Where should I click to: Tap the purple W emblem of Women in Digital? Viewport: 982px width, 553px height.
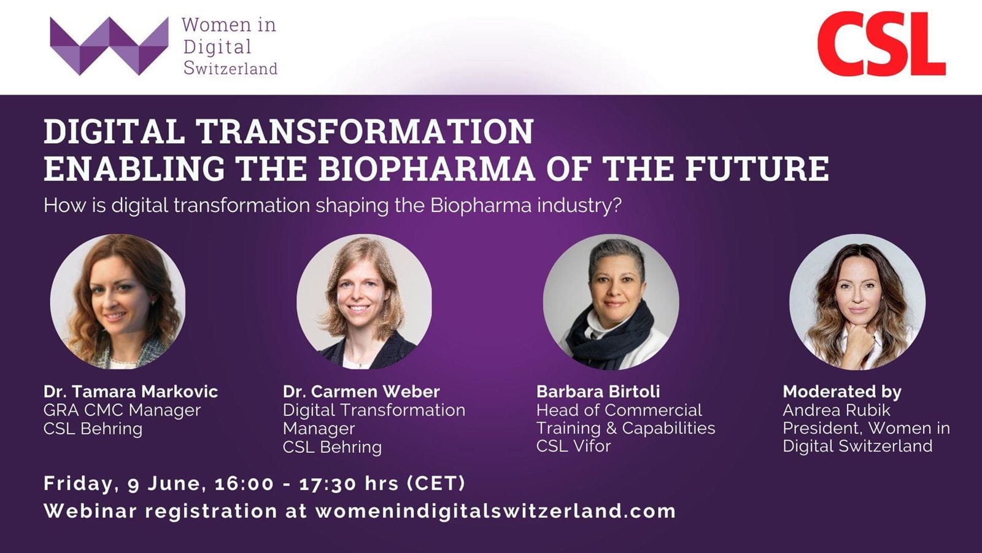click(109, 46)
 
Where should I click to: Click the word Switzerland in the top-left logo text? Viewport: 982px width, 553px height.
click(230, 68)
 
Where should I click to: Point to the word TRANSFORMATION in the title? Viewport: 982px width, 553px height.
click(365, 131)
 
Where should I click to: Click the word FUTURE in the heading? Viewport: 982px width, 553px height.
click(757, 168)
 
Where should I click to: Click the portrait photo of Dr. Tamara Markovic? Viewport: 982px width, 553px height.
click(118, 301)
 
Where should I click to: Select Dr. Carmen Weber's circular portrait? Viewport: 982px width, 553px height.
click(364, 301)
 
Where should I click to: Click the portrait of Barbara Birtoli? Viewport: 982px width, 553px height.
click(611, 301)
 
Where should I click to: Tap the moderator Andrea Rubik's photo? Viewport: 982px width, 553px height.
click(857, 301)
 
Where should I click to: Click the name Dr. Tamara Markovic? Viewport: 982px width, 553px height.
click(131, 391)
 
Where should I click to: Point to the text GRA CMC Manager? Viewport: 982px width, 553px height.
click(122, 410)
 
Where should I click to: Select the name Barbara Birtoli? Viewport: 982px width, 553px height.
click(598, 391)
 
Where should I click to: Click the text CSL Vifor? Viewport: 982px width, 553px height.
click(573, 446)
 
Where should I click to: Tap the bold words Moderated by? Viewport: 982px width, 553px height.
click(841, 391)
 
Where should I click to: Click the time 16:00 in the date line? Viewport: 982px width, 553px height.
click(244, 484)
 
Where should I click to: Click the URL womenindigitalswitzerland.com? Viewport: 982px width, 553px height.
click(495, 511)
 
